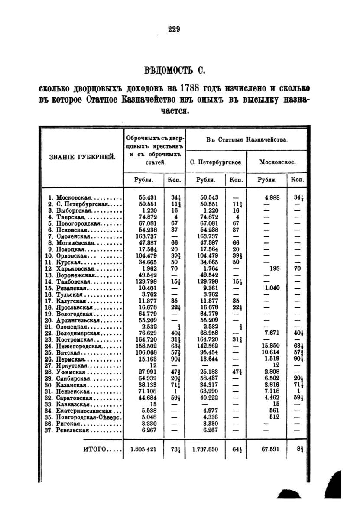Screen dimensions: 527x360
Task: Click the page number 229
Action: [174, 29]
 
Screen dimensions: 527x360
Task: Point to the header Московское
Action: [277, 163]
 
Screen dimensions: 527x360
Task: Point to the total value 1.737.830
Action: [206, 449]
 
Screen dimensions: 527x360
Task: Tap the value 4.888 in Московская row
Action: [272, 197]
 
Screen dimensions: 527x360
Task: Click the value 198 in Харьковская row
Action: [274, 268]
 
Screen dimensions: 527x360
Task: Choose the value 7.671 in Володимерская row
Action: [272, 333]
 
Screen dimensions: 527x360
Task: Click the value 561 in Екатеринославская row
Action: [274, 411]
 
